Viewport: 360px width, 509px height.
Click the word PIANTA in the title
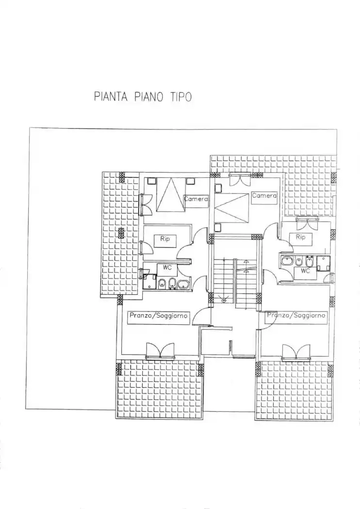111,97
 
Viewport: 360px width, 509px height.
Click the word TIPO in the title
180,97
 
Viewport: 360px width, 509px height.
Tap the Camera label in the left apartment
196,199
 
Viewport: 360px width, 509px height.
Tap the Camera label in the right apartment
264,195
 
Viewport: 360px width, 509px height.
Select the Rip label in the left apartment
164,239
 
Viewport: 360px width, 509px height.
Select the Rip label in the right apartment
301,237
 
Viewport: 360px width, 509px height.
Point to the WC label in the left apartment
167,267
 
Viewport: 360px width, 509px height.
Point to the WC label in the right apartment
305,271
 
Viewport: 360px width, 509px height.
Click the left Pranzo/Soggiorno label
158,316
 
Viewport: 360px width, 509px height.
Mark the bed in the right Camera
231,207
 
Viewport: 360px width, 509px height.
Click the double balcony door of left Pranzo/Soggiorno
160,351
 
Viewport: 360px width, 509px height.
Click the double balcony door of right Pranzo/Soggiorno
296,352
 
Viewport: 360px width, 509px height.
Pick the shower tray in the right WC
324,263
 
